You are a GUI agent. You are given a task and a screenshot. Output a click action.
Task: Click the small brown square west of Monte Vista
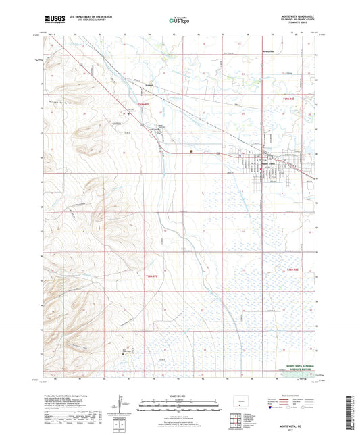(192, 151)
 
